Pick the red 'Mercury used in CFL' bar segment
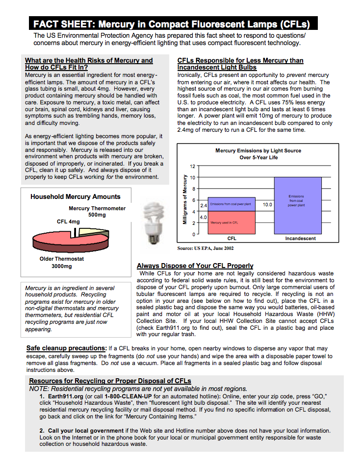point(225,222)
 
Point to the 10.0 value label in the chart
point(267,204)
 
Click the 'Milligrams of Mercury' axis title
point(185,199)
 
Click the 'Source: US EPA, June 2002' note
point(206,248)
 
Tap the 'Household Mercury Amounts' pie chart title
point(75,196)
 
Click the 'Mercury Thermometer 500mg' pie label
point(97,212)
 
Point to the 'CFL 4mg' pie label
point(68,222)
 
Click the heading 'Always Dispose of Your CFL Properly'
point(195,266)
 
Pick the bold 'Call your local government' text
point(86,431)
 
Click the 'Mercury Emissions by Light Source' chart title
point(258,150)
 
